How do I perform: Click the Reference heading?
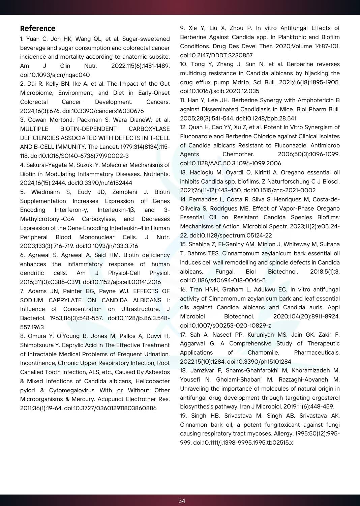pos(37,29)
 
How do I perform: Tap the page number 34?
pos(182,501)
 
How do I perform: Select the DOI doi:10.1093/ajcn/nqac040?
pos(55,75)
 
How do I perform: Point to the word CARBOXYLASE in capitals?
pos(149,129)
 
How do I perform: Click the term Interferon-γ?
pos(71,210)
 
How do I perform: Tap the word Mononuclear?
pos(97,237)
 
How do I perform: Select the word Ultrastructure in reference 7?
pos(140,309)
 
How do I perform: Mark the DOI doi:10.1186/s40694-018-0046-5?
pos(222,280)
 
